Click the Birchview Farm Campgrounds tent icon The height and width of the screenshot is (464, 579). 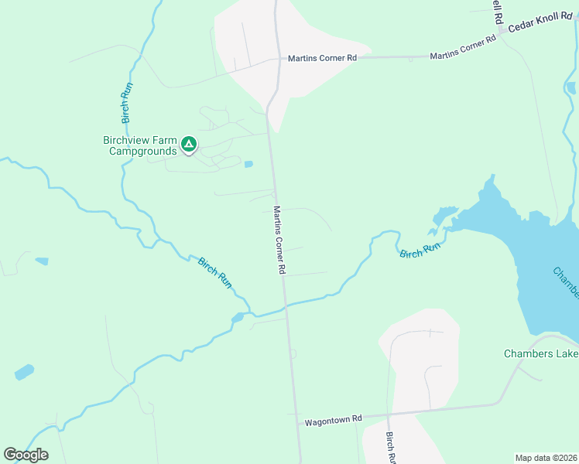pos(188,144)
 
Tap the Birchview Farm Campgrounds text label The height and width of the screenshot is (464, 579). pos(139,145)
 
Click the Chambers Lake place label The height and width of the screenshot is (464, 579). pos(541,354)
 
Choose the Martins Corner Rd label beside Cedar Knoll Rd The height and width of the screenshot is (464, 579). pos(463,48)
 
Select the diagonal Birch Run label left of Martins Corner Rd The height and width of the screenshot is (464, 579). pos(215,273)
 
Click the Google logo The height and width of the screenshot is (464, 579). pos(26,455)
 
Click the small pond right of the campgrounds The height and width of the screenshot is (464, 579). pos(248,164)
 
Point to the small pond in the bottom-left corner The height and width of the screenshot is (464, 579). pos(24,372)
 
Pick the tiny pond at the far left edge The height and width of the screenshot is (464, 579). pos(42,261)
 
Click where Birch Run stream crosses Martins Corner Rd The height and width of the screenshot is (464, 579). pos(286,307)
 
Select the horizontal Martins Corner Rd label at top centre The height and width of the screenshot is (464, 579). pos(322,58)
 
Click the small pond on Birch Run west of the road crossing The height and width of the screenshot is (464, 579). pos(238,317)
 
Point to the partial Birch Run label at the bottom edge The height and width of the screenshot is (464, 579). pos(392,448)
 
